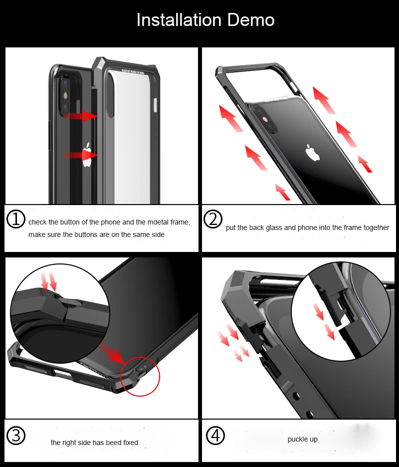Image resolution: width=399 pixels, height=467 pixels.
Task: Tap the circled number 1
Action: [16, 219]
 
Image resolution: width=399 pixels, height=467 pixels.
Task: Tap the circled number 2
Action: [213, 219]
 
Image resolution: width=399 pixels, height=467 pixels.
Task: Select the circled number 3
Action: [16, 436]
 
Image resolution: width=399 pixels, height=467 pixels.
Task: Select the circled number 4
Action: [215, 436]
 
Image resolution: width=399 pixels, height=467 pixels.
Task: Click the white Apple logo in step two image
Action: [313, 153]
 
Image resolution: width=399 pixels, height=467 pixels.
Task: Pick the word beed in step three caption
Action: [110, 443]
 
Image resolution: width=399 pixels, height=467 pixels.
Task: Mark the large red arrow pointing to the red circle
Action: [113, 352]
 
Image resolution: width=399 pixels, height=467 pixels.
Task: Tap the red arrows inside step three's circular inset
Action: [49, 281]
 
